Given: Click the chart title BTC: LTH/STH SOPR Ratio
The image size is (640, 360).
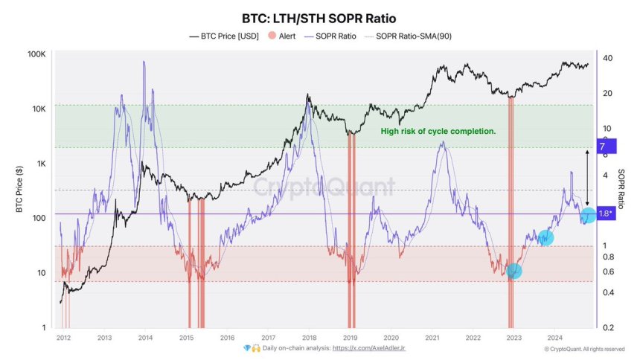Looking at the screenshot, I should coord(320,18).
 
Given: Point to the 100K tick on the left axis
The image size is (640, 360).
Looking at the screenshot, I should coord(37,55).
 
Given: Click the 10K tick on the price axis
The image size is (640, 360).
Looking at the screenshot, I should coord(39,109).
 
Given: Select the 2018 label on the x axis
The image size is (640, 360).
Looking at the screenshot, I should coord(309,336).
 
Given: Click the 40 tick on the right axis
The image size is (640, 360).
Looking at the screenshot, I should coord(607,59).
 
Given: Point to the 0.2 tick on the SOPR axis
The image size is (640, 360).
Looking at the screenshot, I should coord(608,328).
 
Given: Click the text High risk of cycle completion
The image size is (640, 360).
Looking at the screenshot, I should coord(438,131).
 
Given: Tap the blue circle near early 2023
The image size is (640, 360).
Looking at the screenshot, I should coord(513,271).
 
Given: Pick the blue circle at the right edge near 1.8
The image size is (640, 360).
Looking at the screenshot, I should coord(588,216).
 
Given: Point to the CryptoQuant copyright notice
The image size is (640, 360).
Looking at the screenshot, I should coord(584,348).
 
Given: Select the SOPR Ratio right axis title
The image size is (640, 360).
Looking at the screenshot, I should coord(623,190).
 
